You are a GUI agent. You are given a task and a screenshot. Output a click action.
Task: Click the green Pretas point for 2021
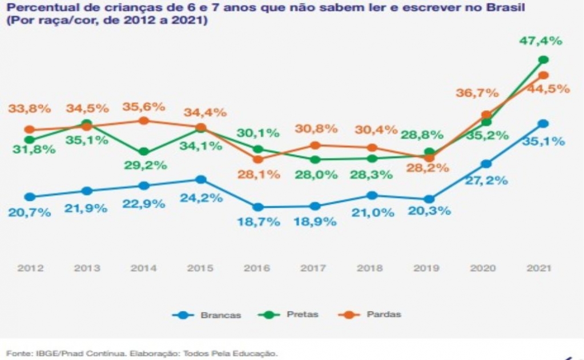tap(543, 59)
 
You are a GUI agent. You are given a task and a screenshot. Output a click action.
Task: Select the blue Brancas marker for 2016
tap(257, 207)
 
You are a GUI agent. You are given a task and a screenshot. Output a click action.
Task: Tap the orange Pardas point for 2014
tap(144, 120)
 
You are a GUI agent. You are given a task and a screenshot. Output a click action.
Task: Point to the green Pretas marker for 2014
tap(144, 152)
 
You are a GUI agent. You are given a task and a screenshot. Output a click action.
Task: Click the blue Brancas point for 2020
tap(486, 164)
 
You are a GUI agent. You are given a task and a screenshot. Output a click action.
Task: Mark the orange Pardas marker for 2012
tap(30, 130)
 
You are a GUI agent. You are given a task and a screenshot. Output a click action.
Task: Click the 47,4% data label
tap(541, 41)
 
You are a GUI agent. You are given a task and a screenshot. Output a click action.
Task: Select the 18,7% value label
tap(259, 222)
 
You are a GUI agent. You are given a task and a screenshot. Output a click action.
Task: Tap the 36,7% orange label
tap(477, 92)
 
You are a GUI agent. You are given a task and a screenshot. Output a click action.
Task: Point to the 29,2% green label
tap(145, 165)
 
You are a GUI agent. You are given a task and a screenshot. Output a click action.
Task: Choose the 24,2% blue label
tap(202, 197)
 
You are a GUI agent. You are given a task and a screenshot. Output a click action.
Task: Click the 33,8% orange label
tap(30, 109)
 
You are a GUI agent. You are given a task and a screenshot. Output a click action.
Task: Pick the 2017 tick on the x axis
tap(313, 268)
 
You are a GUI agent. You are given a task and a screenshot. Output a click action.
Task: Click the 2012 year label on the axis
tap(30, 268)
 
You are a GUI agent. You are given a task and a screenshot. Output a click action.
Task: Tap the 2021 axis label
tap(538, 268)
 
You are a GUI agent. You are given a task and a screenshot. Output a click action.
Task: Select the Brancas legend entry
tap(207, 315)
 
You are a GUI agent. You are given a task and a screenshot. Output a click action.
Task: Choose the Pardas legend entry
tap(369, 314)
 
